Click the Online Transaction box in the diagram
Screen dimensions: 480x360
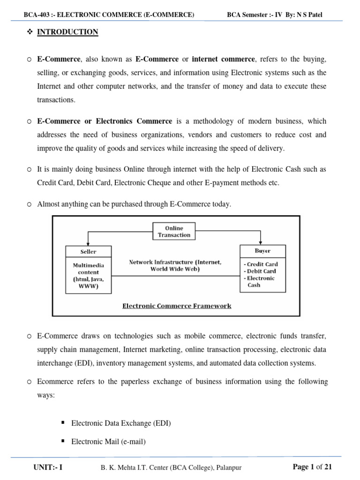(174, 232)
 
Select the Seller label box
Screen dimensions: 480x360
(88, 251)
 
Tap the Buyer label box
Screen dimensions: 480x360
(262, 251)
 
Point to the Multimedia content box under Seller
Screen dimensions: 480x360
(88, 275)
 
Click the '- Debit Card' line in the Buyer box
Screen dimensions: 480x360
(261, 271)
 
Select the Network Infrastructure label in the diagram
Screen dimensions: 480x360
(175, 266)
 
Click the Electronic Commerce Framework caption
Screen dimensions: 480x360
(177, 306)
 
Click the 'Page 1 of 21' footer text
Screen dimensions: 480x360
(312, 466)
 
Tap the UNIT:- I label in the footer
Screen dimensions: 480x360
(48, 467)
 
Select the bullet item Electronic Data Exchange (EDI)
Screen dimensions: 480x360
(121, 423)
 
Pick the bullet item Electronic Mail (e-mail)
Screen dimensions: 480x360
(108, 441)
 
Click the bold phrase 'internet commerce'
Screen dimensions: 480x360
(224, 60)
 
